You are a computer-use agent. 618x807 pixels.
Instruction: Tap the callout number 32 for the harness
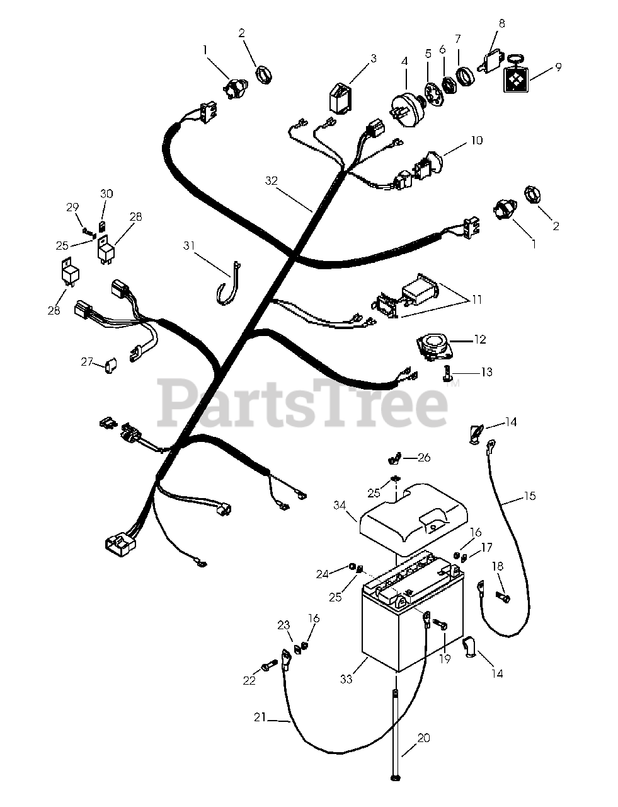(272, 181)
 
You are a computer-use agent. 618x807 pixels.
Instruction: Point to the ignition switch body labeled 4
(405, 111)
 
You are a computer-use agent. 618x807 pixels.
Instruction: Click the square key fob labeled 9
(515, 79)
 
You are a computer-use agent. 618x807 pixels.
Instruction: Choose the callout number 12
(480, 339)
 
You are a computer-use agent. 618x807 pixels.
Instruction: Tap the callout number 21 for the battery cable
(260, 717)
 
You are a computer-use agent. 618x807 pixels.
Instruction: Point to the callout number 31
(189, 245)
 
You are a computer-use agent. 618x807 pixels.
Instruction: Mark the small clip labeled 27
(110, 365)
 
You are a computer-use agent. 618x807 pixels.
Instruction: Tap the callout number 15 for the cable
(530, 496)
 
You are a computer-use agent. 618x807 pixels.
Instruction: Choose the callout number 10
(477, 141)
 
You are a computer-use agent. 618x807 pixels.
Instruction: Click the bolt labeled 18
(503, 597)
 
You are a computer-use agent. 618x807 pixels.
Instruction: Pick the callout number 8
(502, 24)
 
